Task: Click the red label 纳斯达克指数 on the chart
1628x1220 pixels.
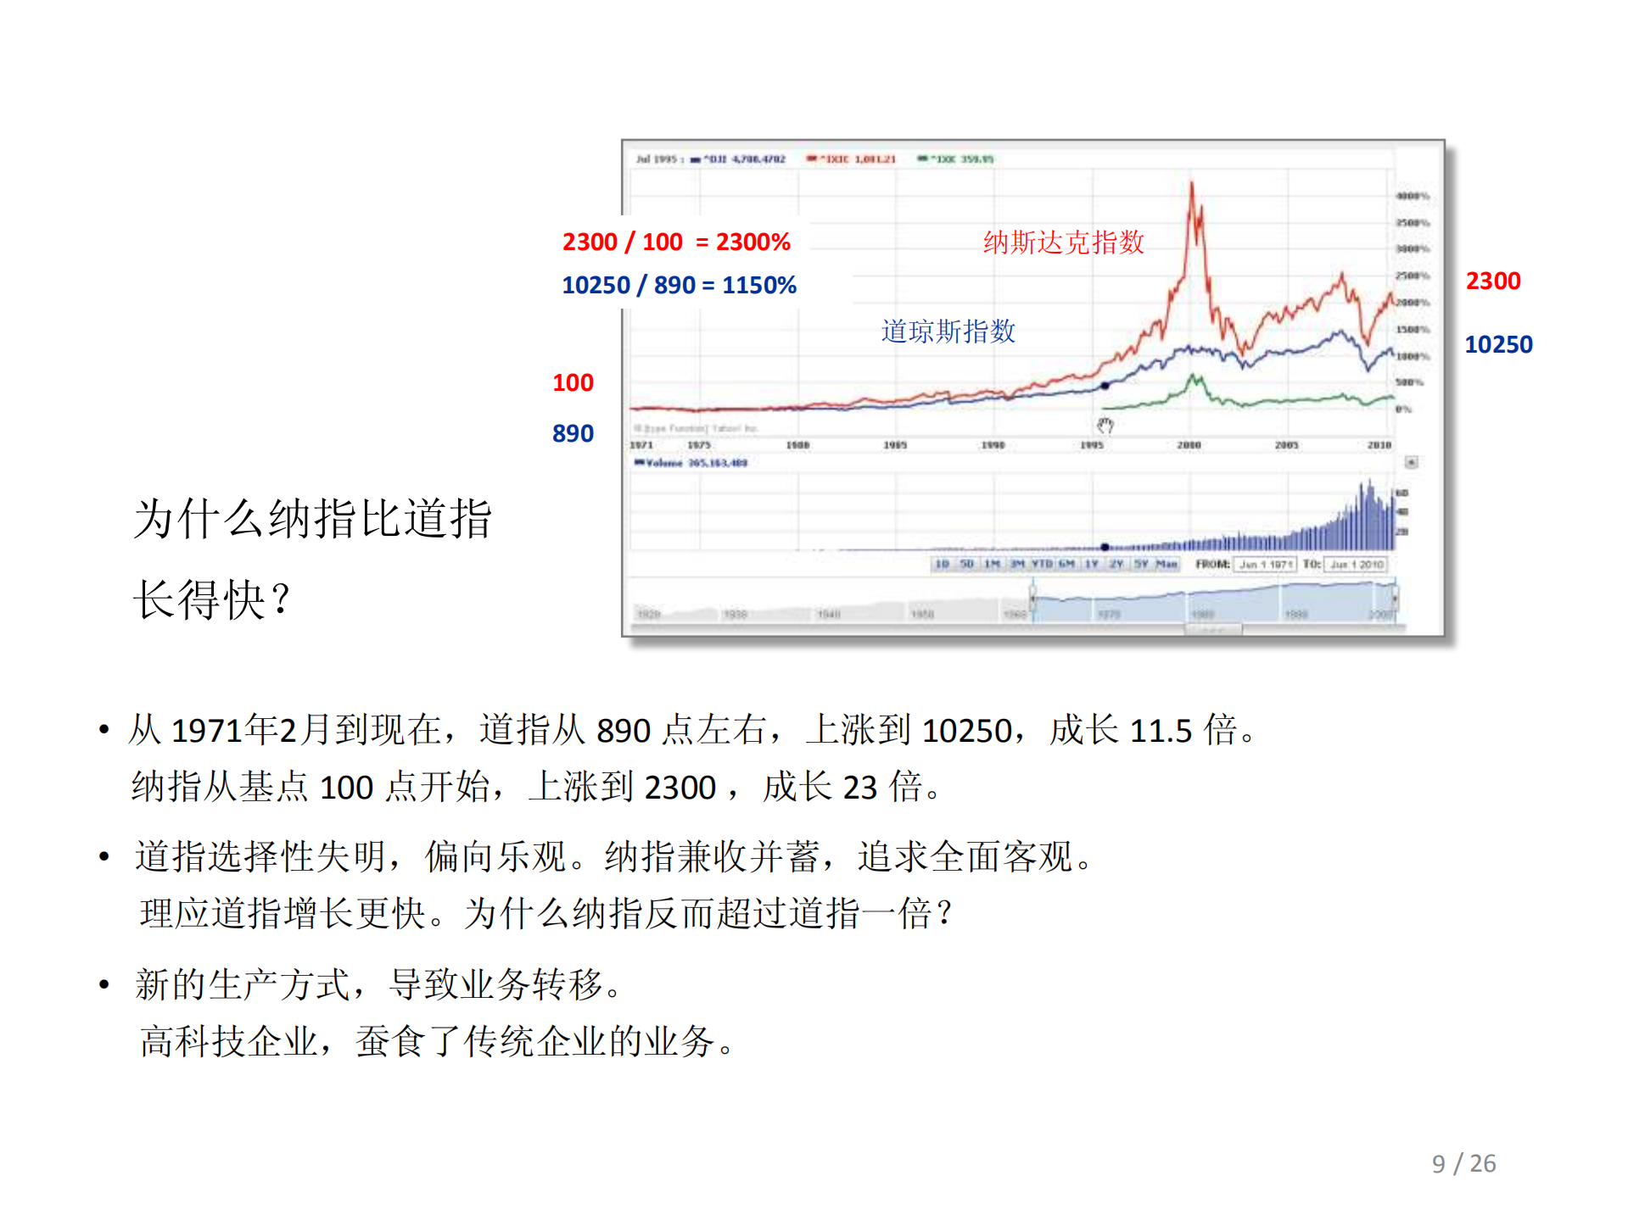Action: pos(1063,242)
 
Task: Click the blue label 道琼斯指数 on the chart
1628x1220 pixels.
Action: pos(948,331)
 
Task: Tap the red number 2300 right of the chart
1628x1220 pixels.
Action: pos(1492,281)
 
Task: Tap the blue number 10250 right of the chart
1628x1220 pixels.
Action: pos(1498,344)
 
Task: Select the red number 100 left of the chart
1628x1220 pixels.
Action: pos(573,382)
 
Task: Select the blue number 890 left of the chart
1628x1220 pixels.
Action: pos(573,433)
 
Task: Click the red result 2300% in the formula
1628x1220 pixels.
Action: pos(752,242)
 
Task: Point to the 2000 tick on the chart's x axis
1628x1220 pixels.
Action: pos(1189,445)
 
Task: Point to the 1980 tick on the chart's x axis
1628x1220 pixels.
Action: pos(797,445)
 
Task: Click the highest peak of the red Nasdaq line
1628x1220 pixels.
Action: pos(1191,184)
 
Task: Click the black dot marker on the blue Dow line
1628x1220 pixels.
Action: pos(1105,386)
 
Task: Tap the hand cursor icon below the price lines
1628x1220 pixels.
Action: pos(1105,425)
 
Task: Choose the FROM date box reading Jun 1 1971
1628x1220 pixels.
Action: pos(1265,565)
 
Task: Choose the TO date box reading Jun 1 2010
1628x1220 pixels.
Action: pos(1357,565)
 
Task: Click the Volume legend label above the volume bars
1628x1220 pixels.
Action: pos(692,463)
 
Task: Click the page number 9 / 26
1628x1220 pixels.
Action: pos(1463,1163)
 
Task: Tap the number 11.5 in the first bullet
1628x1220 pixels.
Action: pos(1161,730)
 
